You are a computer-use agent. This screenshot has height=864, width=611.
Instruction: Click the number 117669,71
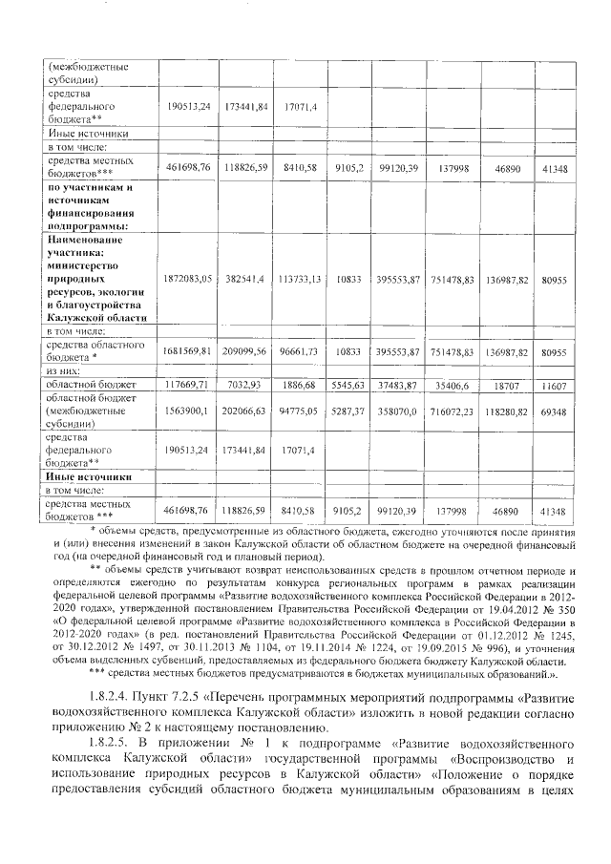187,385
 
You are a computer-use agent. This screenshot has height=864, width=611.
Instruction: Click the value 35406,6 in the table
453,385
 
